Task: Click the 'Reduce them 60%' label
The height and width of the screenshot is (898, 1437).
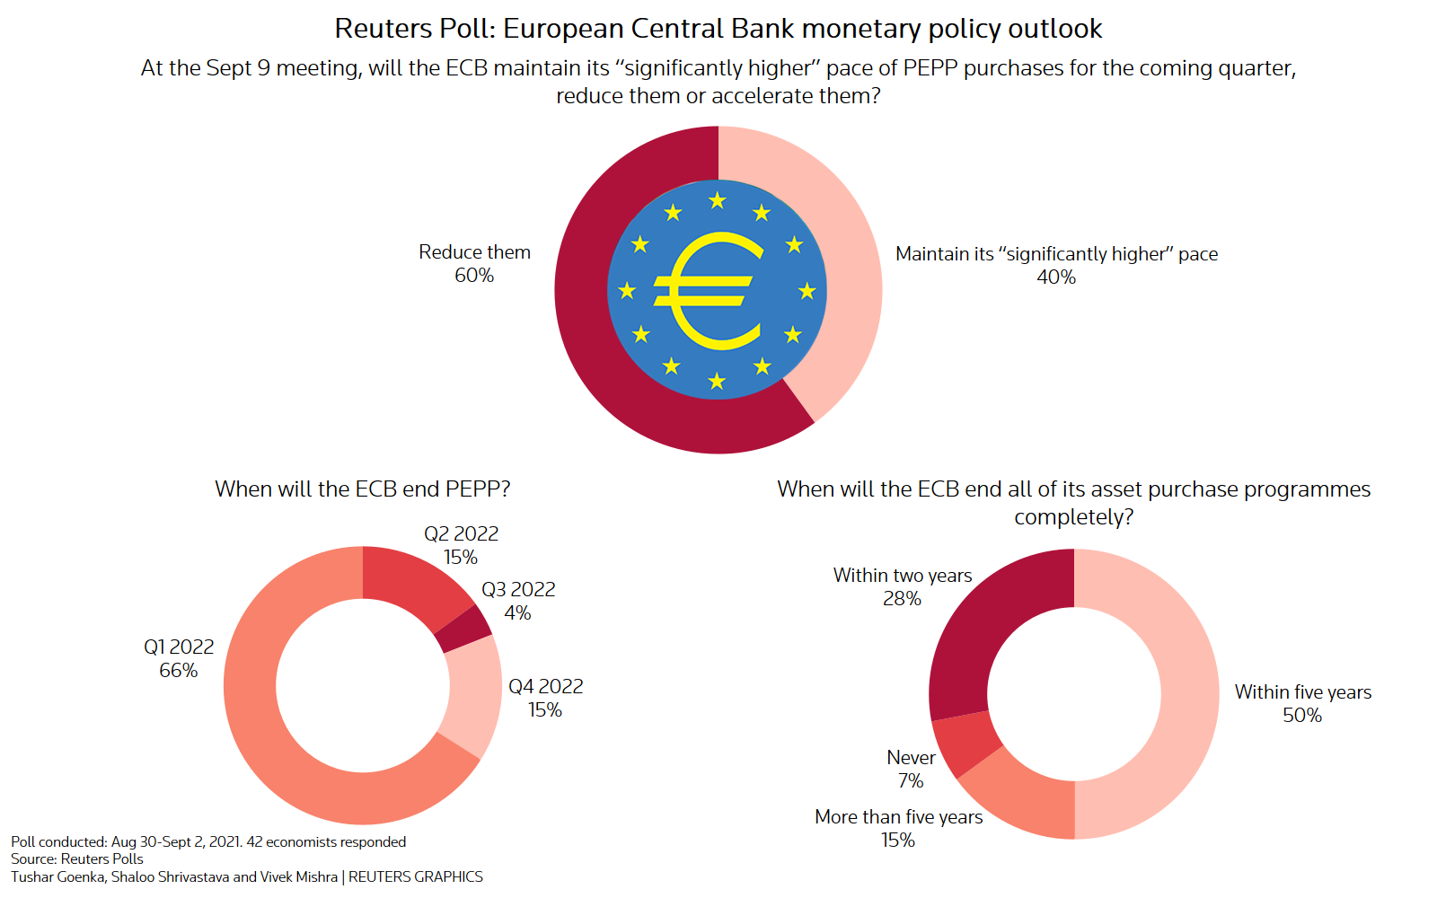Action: click(x=474, y=264)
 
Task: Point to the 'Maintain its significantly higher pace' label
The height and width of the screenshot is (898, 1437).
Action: click(x=1056, y=266)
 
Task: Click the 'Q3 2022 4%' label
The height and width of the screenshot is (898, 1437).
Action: click(x=518, y=602)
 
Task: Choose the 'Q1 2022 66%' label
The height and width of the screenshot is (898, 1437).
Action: click(x=179, y=659)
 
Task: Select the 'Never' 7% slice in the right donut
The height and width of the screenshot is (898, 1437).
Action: click(x=966, y=744)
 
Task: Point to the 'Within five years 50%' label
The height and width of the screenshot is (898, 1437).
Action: click(x=1302, y=704)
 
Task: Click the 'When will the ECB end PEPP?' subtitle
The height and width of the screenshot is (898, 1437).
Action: click(x=362, y=489)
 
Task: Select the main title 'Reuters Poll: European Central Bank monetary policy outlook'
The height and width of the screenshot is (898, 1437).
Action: click(x=718, y=29)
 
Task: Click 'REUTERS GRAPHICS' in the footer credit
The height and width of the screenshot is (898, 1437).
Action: click(x=415, y=876)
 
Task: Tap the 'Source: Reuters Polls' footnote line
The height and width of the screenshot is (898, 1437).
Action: click(x=77, y=859)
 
